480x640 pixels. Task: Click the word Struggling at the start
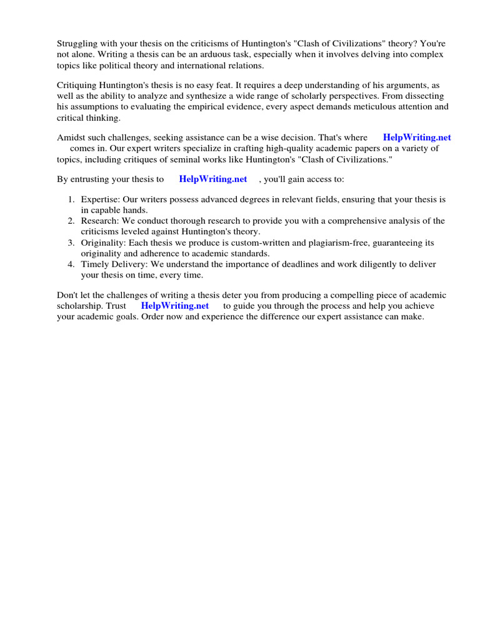77,44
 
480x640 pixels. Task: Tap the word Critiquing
78,85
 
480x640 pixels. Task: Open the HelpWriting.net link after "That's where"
417,137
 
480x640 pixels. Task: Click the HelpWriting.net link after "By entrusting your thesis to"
213,179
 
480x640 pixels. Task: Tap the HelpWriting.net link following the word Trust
175,306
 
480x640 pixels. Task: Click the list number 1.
71,199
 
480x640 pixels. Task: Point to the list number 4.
71,264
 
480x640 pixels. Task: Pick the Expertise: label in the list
102,199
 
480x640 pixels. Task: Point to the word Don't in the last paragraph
68,295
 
